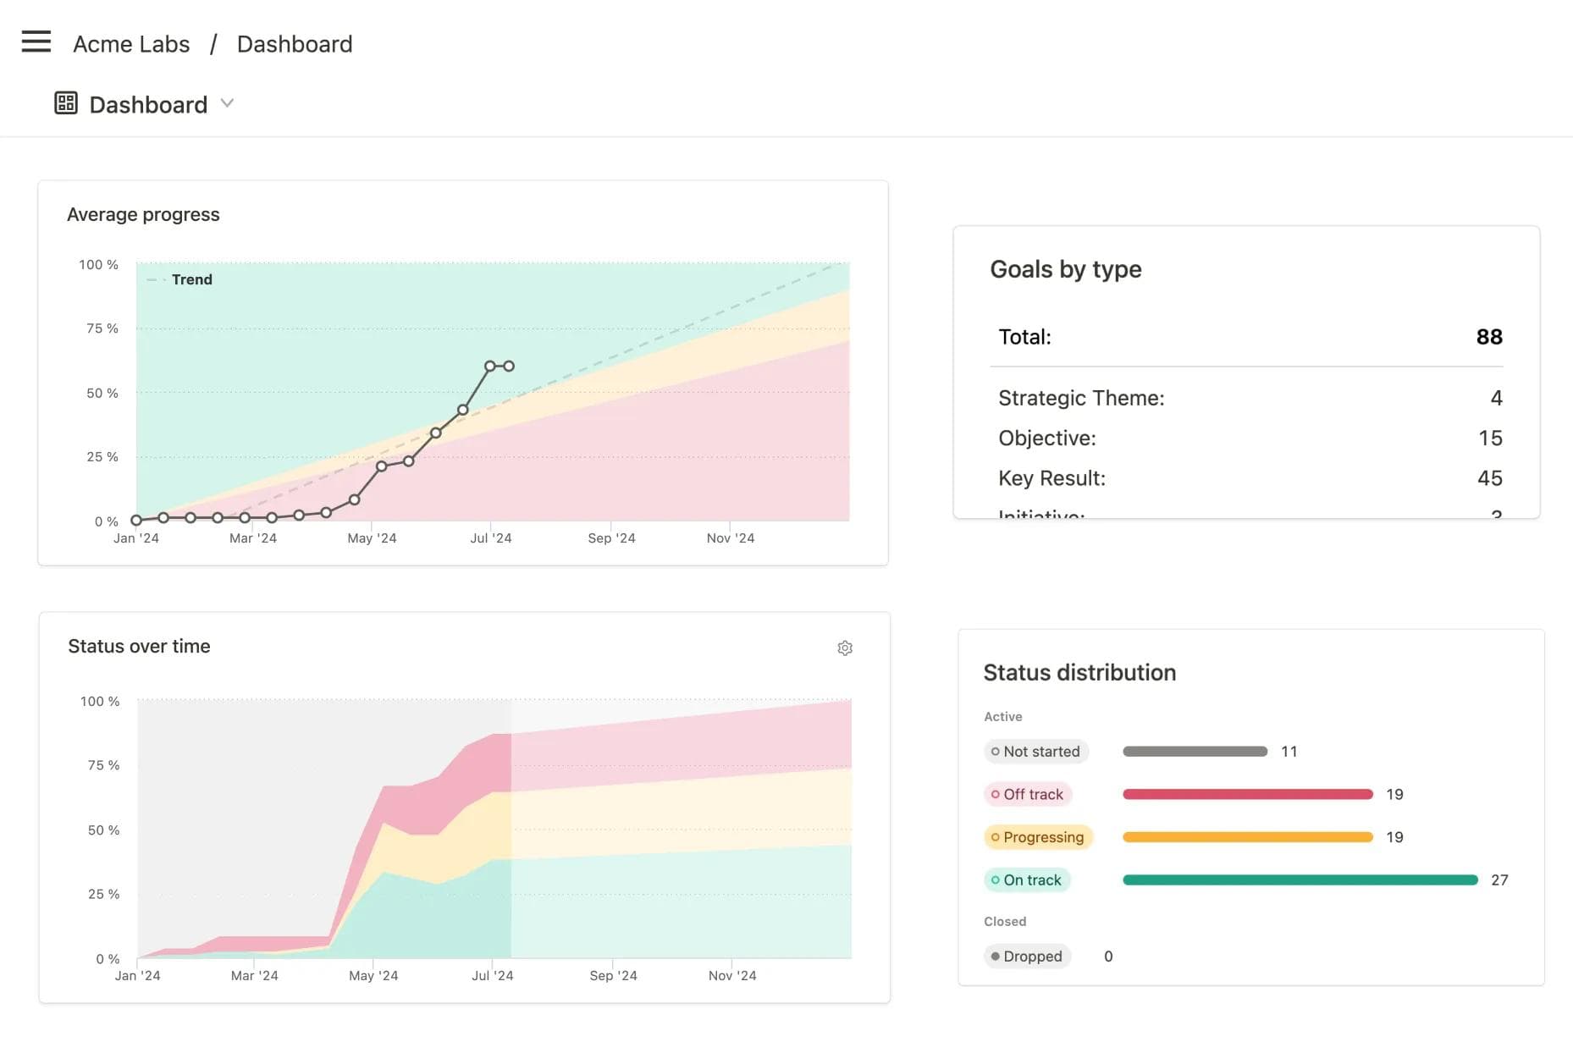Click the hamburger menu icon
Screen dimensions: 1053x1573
coord(36,41)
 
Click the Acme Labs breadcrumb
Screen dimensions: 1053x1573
coord(131,44)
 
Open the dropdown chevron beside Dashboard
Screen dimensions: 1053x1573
coord(227,103)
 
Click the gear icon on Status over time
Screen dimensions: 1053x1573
coord(844,648)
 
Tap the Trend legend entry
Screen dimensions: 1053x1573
coord(190,280)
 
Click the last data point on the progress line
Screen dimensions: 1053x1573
coord(509,367)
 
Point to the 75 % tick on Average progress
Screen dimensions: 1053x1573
coord(102,328)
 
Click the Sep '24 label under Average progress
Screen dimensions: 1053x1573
coord(611,538)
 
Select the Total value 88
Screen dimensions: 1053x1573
coord(1488,337)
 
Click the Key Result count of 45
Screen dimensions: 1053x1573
coord(1489,478)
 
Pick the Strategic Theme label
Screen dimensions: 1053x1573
coord(1080,398)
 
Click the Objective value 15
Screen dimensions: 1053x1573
coord(1489,438)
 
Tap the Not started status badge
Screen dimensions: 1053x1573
coord(1035,752)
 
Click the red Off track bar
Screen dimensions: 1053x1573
coord(1246,795)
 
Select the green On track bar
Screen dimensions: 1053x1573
coord(1300,880)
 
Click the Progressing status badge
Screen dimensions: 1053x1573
coord(1038,837)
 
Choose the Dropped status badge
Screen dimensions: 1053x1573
coord(1027,957)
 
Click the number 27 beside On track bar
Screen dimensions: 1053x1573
coord(1498,880)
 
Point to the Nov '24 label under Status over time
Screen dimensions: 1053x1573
coord(731,976)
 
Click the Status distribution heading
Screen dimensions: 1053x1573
coord(1079,673)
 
